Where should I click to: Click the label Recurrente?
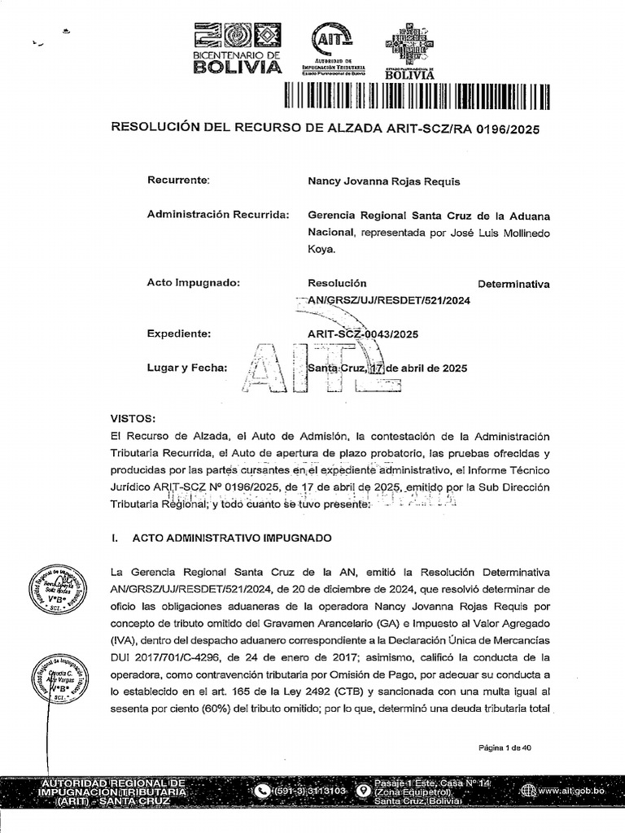(x=178, y=181)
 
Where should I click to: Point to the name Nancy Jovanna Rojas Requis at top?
(x=383, y=181)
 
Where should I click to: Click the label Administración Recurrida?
(x=217, y=215)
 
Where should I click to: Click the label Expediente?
(x=179, y=334)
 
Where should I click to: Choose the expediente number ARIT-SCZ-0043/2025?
(x=363, y=334)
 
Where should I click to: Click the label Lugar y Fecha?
(x=186, y=367)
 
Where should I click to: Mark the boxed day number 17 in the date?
(x=375, y=368)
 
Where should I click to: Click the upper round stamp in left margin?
(x=57, y=590)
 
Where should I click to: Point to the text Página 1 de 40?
(x=505, y=748)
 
